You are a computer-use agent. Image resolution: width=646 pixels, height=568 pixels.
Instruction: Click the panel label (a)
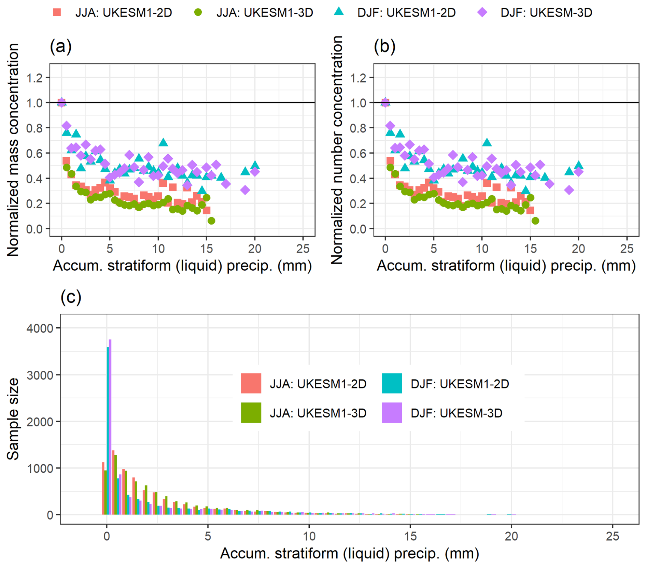click(x=61, y=46)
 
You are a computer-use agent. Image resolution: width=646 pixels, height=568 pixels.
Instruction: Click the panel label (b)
click(x=384, y=46)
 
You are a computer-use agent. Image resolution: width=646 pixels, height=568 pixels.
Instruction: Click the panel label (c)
click(x=71, y=297)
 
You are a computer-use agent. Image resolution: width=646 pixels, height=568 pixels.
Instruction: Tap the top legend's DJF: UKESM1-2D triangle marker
click(x=339, y=12)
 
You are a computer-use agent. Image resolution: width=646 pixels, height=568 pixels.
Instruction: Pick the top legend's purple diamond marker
click(x=482, y=13)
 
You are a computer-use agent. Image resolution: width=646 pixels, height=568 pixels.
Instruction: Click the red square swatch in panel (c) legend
click(x=251, y=383)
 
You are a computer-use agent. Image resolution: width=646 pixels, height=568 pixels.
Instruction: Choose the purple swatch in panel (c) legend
click(x=392, y=413)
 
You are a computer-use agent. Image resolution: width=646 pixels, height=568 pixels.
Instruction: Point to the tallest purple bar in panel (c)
click(x=110, y=427)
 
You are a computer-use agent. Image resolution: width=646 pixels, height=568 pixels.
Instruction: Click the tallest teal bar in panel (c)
click(x=108, y=430)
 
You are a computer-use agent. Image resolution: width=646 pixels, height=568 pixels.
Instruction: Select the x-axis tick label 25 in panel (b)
click(x=627, y=249)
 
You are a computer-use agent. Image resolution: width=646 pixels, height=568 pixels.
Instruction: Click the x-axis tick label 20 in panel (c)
click(x=511, y=536)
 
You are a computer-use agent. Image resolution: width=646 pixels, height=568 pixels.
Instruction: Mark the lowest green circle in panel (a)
click(x=211, y=221)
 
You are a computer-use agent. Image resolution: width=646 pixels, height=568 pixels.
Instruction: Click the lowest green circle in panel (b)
click(x=535, y=221)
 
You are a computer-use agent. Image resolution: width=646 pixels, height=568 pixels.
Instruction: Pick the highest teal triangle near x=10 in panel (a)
click(x=163, y=142)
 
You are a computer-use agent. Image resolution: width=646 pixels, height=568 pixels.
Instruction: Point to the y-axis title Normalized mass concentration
click(x=13, y=150)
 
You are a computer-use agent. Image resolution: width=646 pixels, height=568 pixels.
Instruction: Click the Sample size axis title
click(x=13, y=419)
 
